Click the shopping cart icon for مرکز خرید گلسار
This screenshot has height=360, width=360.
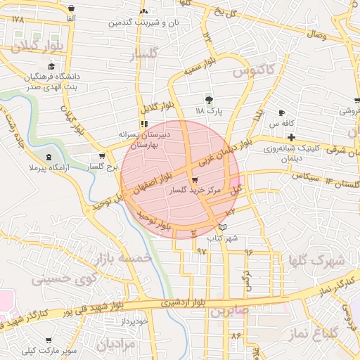194,181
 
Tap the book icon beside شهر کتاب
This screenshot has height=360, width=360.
223,227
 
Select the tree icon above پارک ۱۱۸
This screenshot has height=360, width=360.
208,99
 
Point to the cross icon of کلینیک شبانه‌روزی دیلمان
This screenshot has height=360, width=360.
290,135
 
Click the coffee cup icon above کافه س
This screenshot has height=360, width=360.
282,112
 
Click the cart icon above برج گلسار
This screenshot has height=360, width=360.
103,156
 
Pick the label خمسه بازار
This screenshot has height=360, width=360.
125,259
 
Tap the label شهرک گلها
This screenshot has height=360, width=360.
316,262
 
